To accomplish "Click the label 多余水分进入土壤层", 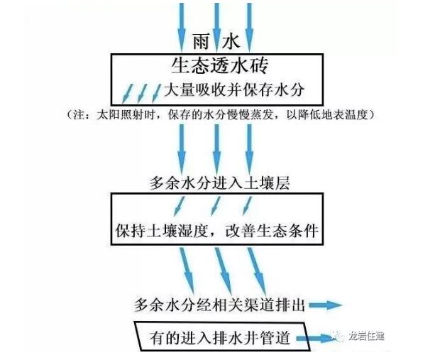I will (217, 183).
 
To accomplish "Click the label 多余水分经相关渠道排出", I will (220, 305).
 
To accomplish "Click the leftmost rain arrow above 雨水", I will (181, 18).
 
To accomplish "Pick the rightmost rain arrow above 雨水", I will (248, 18).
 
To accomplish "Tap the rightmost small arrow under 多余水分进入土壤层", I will (246, 204).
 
